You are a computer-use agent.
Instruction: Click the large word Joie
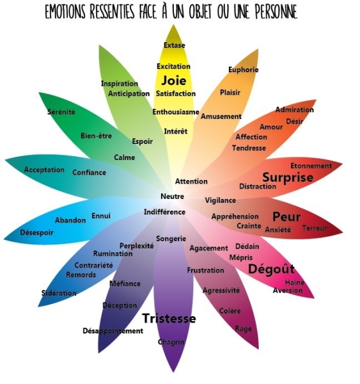point(173,81)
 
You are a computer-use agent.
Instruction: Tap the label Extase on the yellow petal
point(175,45)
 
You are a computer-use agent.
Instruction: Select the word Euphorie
point(243,70)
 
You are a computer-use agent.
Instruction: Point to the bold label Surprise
point(288,177)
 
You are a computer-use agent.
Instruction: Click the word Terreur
point(315,228)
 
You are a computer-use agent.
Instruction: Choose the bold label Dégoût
point(271,269)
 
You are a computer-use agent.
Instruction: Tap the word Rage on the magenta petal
point(243,329)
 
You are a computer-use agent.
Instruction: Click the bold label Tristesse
point(169,318)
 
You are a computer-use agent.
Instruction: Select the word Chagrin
point(171,342)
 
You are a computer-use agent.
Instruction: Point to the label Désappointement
point(113,331)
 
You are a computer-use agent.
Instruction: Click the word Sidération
point(59,293)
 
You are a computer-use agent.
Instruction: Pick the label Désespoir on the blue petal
point(36,232)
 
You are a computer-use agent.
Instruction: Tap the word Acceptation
point(44,170)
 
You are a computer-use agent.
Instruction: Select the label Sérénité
point(61,112)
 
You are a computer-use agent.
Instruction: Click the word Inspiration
point(120,83)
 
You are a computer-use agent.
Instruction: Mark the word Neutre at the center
point(172,196)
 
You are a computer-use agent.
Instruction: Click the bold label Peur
point(286,217)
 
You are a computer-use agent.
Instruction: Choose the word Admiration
point(294,109)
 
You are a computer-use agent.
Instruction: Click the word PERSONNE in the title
point(276,12)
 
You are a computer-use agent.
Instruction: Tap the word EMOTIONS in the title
point(65,12)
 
